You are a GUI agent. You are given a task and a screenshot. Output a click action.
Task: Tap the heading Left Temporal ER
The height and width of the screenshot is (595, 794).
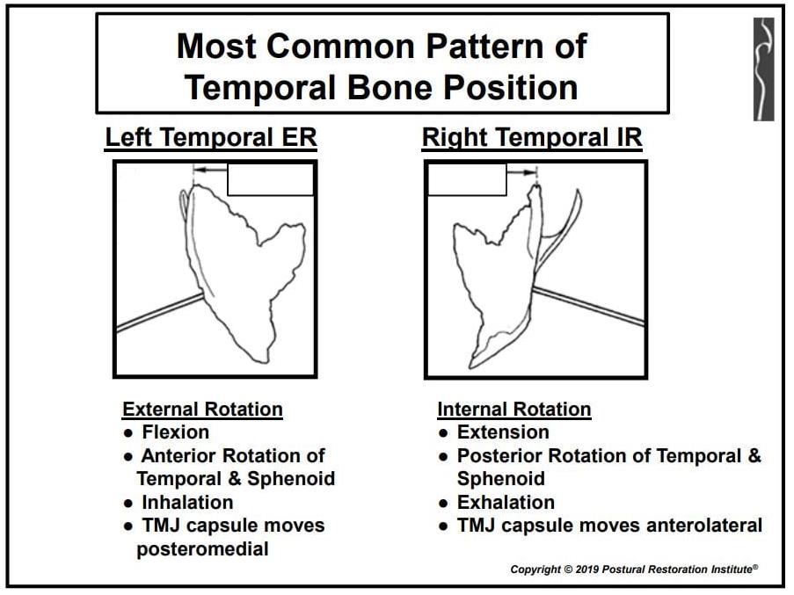pos(211,137)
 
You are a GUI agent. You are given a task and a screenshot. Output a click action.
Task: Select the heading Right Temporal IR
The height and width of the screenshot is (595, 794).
pos(532,137)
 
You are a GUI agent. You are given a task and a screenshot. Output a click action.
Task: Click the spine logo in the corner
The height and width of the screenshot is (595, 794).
pos(763,69)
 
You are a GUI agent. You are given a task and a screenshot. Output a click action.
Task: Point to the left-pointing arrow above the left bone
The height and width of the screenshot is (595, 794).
pos(211,171)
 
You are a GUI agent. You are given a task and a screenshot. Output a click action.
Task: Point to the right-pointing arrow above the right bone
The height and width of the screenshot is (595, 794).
pos(521,172)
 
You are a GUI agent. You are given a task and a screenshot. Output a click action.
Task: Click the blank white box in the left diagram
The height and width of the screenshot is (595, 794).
pos(271,179)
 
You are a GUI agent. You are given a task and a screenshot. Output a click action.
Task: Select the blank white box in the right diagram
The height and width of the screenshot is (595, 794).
pos(468,179)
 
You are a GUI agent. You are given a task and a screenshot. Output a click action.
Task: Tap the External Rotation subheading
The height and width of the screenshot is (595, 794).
pos(202,409)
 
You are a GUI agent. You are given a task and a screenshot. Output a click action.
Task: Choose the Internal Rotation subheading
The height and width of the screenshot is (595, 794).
pos(514,409)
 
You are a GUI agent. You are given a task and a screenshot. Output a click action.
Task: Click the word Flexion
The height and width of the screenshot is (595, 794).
pos(175,432)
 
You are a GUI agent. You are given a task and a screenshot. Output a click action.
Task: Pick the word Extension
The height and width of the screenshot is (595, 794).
pos(503,432)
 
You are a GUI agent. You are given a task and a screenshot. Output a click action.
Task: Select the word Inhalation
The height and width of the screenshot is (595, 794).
pos(187,502)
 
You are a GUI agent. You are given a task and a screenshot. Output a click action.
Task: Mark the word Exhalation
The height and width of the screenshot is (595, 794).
pos(506,502)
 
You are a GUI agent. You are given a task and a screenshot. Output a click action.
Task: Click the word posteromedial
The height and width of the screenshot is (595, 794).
pos(202,549)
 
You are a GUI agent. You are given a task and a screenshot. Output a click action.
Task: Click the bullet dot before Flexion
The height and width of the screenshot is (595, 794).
pos(128,433)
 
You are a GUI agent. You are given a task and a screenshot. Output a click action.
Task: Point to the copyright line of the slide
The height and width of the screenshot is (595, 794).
pos(634,570)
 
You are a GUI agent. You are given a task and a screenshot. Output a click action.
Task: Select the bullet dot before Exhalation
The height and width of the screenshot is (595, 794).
pos(443,504)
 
